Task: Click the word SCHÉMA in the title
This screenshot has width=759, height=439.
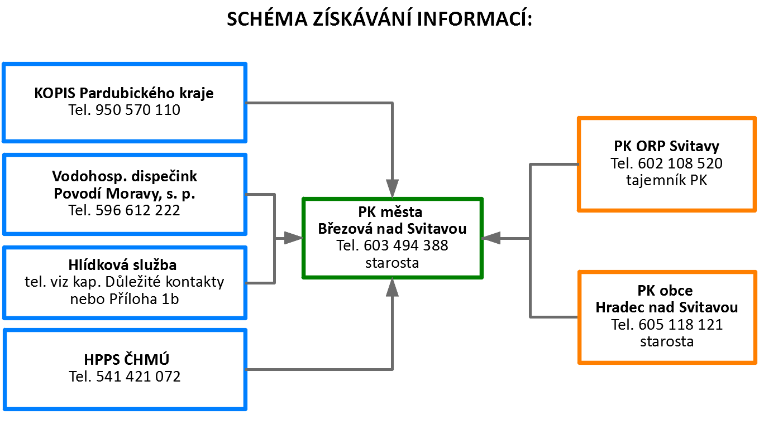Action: coord(267,18)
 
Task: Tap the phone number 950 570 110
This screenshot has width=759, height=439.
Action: coord(138,110)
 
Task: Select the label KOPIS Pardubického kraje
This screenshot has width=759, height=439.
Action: coord(124,93)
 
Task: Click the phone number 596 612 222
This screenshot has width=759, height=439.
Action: coord(137,210)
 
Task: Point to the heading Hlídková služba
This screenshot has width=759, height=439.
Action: coord(122,265)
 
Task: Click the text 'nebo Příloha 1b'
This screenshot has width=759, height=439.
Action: coord(125,299)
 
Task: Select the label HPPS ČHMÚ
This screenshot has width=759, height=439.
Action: coord(126,359)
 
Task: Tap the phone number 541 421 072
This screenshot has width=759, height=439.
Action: coord(139,377)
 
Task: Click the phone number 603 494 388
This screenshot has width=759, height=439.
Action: coord(406,245)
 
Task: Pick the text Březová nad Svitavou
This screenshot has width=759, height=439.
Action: coord(392,229)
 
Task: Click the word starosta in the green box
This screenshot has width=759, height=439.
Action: coord(392,263)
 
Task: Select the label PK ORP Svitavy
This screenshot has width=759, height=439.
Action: coord(666,146)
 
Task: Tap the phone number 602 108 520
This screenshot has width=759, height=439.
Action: coord(680,163)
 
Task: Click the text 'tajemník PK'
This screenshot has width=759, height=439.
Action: coord(666,180)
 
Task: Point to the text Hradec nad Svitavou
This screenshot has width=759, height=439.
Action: coord(666,307)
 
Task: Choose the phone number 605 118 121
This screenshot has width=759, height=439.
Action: coord(681,325)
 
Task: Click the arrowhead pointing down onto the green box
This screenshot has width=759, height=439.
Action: coord(392,188)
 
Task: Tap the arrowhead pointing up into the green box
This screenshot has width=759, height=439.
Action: coord(392,287)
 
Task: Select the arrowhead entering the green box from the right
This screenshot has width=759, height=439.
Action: coord(491,238)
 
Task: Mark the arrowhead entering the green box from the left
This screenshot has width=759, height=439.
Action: coord(293,238)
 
